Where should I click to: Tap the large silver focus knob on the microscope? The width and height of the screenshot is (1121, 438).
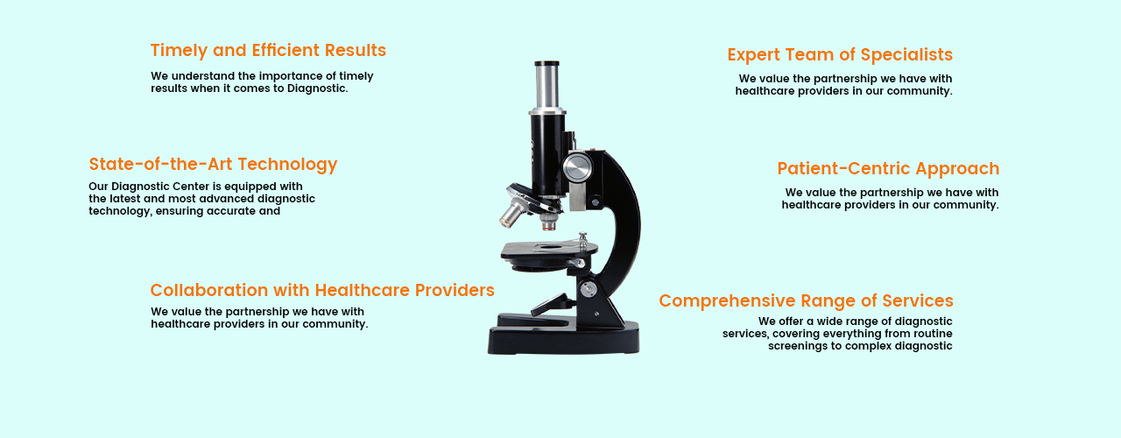[577, 167]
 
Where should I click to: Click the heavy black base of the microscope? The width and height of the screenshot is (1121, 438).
[564, 337]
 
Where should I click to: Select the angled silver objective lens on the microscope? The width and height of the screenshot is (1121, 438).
[512, 212]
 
